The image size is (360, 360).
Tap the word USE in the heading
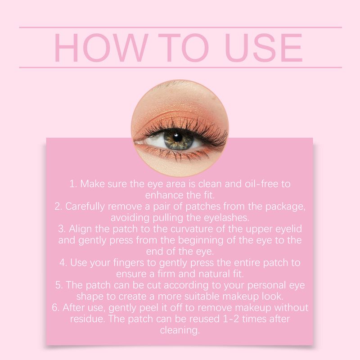click(263, 48)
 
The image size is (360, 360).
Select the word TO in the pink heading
click(187, 48)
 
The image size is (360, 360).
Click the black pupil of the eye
click(177, 136)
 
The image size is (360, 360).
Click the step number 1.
click(72, 184)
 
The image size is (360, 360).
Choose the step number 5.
click(58, 285)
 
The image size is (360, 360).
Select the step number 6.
click(54, 307)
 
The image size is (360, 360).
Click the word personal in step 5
click(263, 285)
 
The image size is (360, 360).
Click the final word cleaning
click(180, 330)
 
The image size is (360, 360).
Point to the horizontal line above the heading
click(180, 27)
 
